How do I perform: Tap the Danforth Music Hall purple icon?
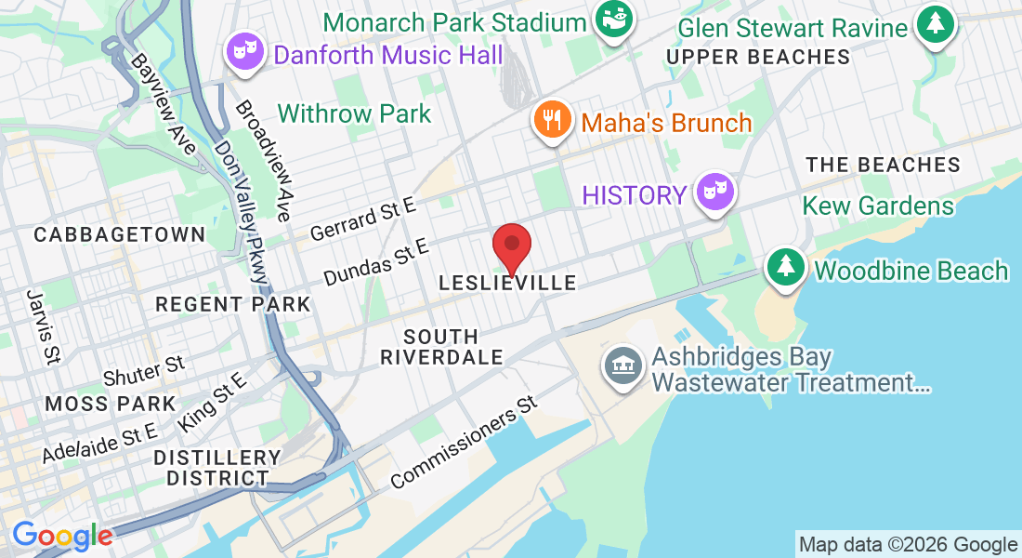point(243,52)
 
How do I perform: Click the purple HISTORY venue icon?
point(715,193)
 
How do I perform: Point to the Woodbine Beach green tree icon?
point(786,268)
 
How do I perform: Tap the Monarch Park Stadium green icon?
point(614,19)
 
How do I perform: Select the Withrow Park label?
point(354,113)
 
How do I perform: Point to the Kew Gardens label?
point(878,206)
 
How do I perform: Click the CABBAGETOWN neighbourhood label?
point(119,234)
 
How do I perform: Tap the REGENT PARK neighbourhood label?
point(232,304)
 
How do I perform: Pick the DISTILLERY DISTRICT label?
point(217,468)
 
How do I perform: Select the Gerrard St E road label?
point(363,219)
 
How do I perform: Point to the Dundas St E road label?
point(375,262)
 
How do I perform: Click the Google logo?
point(61,536)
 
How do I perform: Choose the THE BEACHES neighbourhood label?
point(883,165)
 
